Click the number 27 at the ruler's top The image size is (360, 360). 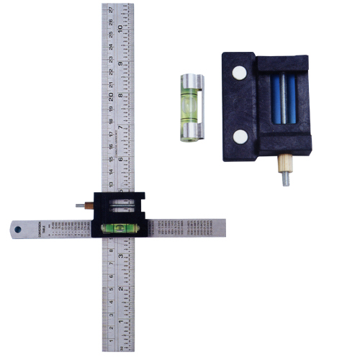pyautogui.click(x=109, y=9)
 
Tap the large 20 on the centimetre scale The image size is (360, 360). pyautogui.click(x=109, y=96)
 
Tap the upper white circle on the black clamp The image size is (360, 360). pyautogui.click(x=238, y=71)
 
